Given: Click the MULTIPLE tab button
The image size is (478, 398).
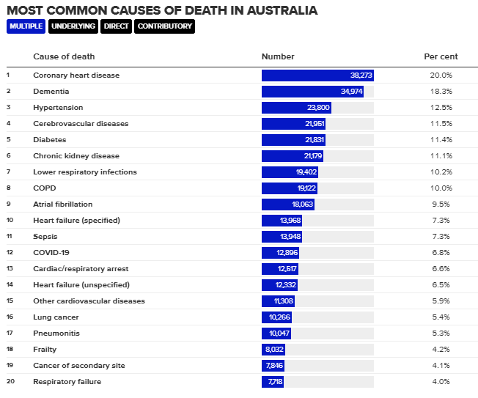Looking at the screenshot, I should tap(26, 26).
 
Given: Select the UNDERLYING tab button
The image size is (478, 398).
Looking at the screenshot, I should tap(73, 26).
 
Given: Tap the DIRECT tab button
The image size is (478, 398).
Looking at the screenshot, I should tap(117, 26).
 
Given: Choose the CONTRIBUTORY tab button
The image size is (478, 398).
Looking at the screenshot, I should tap(165, 26).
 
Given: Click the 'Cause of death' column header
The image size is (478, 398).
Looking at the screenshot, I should tap(64, 56).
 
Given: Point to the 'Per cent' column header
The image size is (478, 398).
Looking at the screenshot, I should tap(441, 56).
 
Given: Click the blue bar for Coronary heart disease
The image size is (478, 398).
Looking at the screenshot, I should tap(317, 75).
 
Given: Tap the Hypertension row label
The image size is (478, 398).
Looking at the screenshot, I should tap(58, 108).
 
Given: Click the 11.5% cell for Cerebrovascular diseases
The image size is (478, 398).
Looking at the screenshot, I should tap(441, 124).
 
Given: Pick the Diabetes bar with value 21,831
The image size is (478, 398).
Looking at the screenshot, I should tap(293, 140).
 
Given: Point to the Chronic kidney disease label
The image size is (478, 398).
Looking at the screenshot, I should tap(76, 156).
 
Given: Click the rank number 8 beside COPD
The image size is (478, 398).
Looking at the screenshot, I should tap(8, 188).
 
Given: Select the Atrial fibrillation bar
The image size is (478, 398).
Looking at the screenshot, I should tap(288, 204).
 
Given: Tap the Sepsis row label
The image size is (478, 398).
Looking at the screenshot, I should tap(45, 237).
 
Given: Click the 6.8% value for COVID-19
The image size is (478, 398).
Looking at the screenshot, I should tap(441, 253).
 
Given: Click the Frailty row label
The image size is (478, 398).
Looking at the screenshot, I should tap(45, 350).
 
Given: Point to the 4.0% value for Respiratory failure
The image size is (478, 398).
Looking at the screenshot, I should tap(441, 382).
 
